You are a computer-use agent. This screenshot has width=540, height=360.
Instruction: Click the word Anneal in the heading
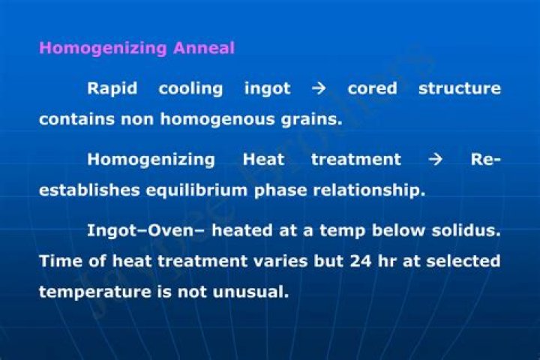pos(204,48)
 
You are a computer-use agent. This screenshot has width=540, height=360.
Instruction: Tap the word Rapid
pos(112,88)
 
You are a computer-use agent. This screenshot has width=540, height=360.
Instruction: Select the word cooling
pos(190,88)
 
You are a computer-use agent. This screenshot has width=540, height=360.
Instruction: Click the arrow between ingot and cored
pos(319,88)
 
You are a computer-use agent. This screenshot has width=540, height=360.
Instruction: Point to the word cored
pos(372,88)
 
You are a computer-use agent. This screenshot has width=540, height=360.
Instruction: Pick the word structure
pos(459,88)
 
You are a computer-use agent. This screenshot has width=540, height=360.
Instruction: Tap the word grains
pos(310,119)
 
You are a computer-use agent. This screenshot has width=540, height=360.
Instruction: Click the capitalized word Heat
pos(263,160)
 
